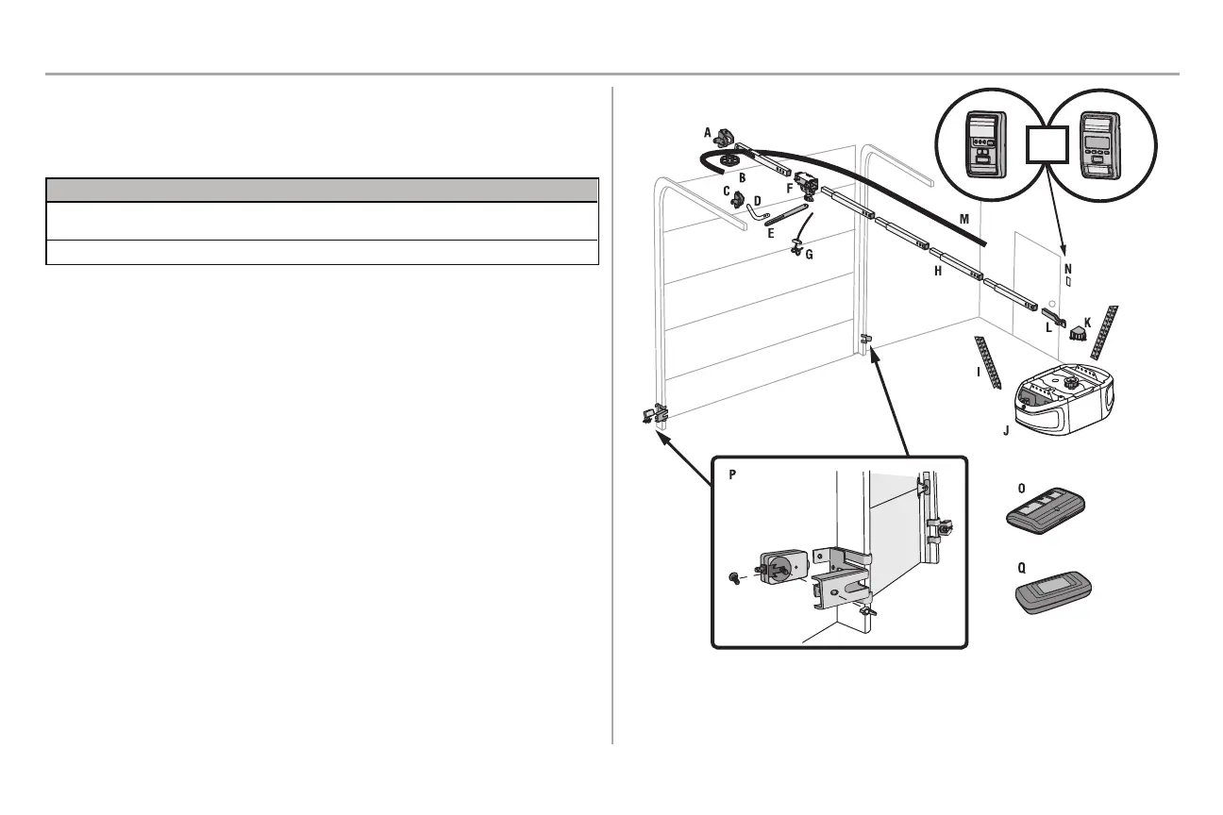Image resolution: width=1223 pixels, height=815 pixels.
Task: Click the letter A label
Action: (707, 134)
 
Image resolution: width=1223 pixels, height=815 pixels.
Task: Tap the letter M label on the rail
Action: (963, 219)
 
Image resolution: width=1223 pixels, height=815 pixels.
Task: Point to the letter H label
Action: (937, 271)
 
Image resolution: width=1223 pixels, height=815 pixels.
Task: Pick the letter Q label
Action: (1021, 569)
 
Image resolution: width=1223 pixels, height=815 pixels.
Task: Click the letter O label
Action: (1021, 488)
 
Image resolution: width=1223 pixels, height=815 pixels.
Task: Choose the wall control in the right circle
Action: (1098, 146)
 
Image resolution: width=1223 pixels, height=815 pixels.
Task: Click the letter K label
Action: (1087, 323)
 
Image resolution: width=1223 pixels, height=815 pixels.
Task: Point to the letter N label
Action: (1068, 269)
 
